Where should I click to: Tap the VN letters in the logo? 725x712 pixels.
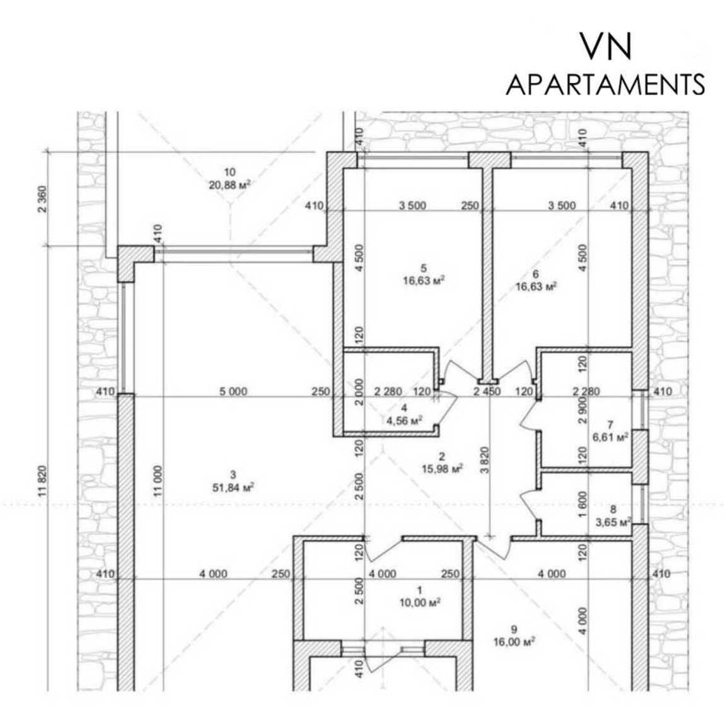point(606,46)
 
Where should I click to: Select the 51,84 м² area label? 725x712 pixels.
point(233,487)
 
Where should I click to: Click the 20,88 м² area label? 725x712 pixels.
point(230,185)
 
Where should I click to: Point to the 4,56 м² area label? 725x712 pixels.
point(405,420)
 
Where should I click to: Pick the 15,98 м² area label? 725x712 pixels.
point(442,469)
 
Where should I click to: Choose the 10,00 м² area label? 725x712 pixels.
point(420,602)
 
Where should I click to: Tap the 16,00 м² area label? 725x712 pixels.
point(514,641)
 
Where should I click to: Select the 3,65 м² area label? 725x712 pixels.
point(613,522)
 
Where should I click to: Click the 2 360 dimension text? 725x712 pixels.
point(42,198)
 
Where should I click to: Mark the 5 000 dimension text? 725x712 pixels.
point(233,391)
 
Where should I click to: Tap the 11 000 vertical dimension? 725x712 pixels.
point(158,481)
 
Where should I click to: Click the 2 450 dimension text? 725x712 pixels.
point(487,391)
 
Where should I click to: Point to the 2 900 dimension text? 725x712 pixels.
point(583,410)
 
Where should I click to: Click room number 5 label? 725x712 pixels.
point(424,268)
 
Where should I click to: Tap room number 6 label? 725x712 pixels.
point(536,275)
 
